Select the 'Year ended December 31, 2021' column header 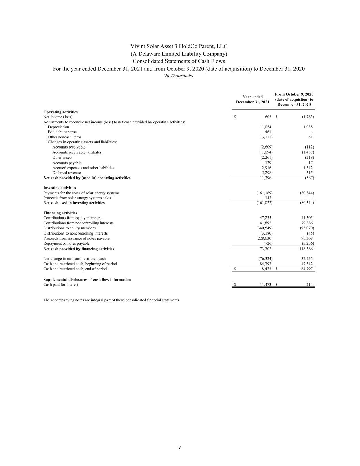click(253, 99)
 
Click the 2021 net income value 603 click(268, 117)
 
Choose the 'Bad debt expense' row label click(62, 132)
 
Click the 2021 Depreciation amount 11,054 click(265, 127)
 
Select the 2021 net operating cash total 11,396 click(265, 178)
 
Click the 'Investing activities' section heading click(60, 188)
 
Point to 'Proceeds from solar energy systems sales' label click(77, 198)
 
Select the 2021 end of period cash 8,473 click(266, 269)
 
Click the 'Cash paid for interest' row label click(61, 285)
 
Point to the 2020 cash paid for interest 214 click(309, 285)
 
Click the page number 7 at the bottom click(180, 448)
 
